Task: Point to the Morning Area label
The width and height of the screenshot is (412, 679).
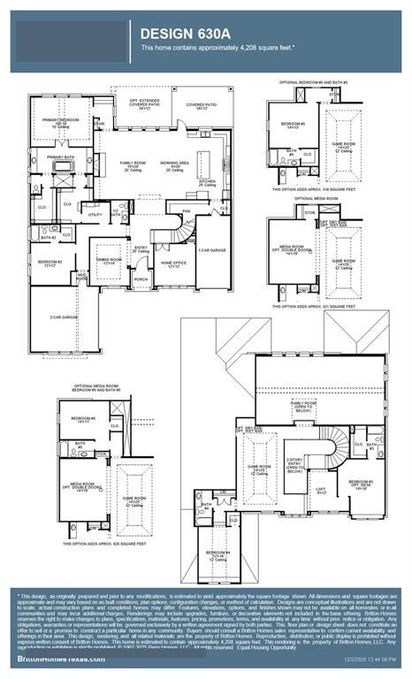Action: [x=173, y=164]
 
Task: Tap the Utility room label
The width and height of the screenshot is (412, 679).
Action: [x=95, y=215]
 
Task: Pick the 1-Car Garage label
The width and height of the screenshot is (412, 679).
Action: [x=211, y=250]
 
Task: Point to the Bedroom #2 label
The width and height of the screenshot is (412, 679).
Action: [x=50, y=263]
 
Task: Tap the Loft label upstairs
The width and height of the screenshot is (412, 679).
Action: [x=321, y=490]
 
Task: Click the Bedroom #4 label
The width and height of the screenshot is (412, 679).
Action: [x=218, y=553]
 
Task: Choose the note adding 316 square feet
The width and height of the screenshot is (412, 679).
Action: [x=313, y=189]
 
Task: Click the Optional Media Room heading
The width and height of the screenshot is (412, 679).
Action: [x=316, y=199]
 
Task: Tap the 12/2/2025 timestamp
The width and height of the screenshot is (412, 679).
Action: [x=370, y=660]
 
